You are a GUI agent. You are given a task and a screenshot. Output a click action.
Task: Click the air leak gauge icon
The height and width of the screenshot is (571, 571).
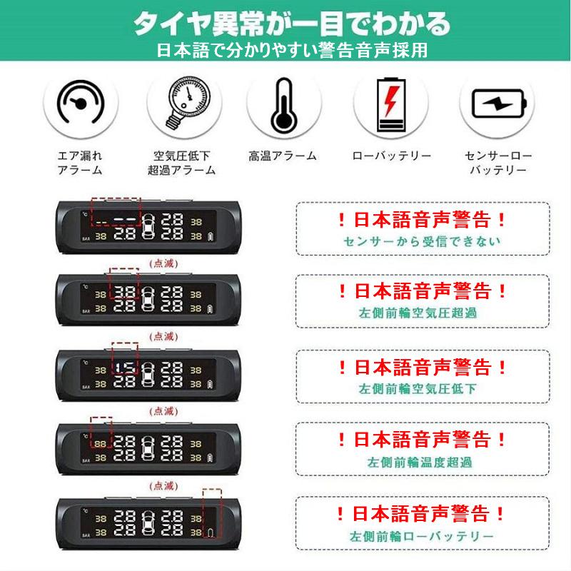tap(81, 102)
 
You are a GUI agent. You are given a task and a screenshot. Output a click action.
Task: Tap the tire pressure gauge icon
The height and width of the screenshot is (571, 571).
tap(185, 103)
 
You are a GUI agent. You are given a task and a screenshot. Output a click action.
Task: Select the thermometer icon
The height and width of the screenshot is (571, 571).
tap(283, 105)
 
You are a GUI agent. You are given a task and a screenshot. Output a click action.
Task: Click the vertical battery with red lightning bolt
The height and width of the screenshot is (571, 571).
tap(390, 105)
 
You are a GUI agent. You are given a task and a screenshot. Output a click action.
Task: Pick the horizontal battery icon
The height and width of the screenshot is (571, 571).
tap(498, 103)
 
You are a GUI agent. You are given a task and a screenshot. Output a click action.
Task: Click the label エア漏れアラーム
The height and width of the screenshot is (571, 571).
tap(80, 163)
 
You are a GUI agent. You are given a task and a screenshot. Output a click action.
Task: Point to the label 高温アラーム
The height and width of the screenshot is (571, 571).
tap(283, 156)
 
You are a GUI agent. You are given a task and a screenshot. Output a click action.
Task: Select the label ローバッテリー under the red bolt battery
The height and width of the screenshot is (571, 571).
tap(391, 156)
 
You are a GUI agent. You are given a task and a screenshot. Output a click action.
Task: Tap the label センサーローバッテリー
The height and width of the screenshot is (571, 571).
tap(498, 163)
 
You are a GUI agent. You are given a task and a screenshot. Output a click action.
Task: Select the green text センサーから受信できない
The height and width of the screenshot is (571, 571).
tap(423, 241)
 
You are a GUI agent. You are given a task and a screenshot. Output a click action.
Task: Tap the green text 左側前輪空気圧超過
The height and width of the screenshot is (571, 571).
tap(418, 313)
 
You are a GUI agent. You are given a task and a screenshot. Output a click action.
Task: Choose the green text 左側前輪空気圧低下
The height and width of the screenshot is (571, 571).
tap(418, 388)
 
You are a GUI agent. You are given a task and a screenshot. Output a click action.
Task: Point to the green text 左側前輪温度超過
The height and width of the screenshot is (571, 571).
tap(420, 462)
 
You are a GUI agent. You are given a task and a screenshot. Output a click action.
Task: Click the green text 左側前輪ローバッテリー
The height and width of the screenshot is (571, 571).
tap(422, 536)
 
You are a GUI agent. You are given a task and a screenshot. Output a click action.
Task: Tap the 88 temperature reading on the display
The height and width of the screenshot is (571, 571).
tap(100, 444)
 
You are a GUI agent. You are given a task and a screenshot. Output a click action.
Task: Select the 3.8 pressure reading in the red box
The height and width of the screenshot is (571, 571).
tap(125, 293)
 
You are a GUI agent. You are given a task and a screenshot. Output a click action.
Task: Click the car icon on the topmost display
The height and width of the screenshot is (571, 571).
tap(148, 226)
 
